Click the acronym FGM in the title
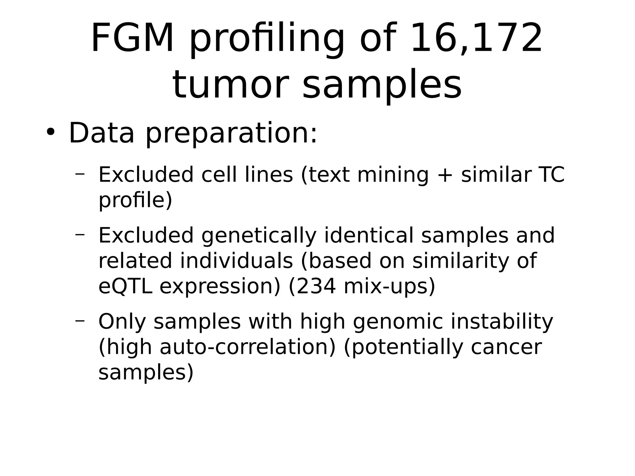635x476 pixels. tap(132, 38)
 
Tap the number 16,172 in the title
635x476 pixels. tap(476, 38)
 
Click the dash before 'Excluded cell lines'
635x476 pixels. tap(80, 174)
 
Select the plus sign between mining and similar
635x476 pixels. tap(445, 175)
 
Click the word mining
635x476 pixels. tap(393, 175)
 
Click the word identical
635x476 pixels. tap(369, 235)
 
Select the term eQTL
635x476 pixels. tap(125, 286)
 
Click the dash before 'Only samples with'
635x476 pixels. tap(80, 321)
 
